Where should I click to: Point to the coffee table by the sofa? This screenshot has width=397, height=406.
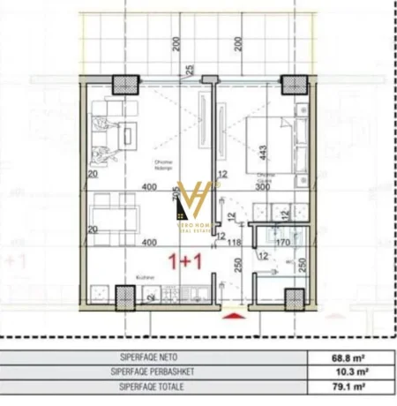coord(130,135)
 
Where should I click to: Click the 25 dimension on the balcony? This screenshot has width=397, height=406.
coord(190,71)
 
